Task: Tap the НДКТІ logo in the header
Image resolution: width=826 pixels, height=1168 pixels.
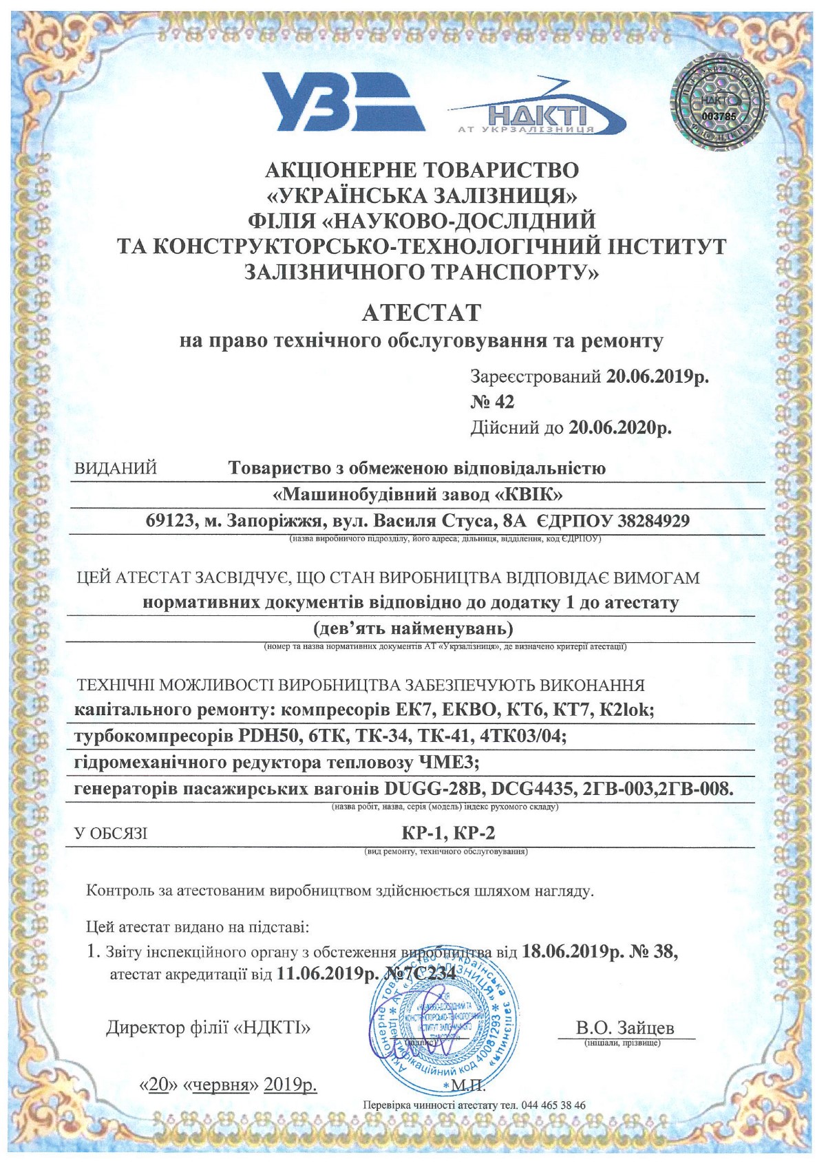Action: point(537,112)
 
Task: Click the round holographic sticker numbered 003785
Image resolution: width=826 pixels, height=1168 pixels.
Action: point(718,104)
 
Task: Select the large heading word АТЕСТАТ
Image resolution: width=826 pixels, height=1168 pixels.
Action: point(421,312)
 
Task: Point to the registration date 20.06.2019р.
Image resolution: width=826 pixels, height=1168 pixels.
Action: point(657,376)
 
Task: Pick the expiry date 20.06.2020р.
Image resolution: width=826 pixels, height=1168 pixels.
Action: point(619,428)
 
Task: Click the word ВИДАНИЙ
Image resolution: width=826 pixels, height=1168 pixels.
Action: point(116,469)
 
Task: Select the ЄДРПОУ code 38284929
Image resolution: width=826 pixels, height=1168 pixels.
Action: point(653,521)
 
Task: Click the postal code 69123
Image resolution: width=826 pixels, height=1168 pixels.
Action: point(169,521)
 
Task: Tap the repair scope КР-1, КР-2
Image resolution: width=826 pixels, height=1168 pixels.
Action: point(448,833)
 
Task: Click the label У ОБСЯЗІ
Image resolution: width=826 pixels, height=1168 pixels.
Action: point(111,834)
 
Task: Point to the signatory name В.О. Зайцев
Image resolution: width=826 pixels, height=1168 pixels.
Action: point(624,1028)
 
